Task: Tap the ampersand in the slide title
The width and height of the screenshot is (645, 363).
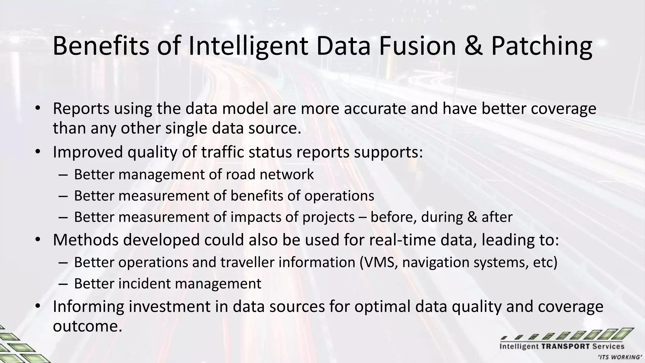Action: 473,46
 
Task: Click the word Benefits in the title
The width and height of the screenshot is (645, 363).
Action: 100,46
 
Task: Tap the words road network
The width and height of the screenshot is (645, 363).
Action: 278,175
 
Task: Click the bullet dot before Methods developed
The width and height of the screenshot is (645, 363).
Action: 38,240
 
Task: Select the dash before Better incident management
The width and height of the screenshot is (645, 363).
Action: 63,284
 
